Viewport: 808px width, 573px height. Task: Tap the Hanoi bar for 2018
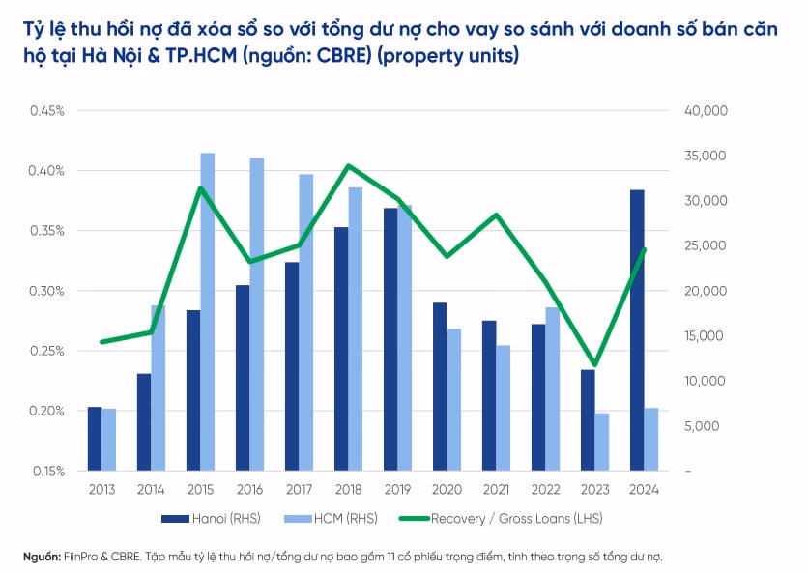(x=341, y=349)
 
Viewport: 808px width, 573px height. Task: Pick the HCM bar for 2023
(x=602, y=442)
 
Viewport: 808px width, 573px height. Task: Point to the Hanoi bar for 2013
(x=95, y=439)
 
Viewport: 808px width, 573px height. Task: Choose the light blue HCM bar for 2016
(x=257, y=314)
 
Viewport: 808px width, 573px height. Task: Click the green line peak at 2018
(x=348, y=166)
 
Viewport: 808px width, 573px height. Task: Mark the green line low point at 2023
(x=594, y=365)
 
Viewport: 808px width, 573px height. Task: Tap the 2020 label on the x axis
(x=447, y=490)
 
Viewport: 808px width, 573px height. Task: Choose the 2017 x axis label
(x=299, y=490)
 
